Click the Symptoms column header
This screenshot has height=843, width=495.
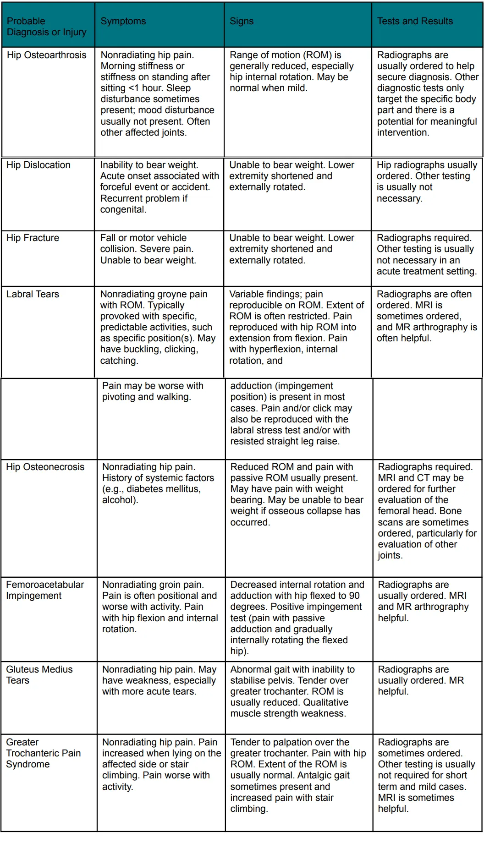(x=123, y=21)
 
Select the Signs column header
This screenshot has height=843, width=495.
(x=242, y=21)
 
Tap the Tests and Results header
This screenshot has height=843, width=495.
(x=415, y=21)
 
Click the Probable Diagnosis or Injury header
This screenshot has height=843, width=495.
(x=46, y=27)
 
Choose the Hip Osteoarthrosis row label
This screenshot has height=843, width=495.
(x=46, y=55)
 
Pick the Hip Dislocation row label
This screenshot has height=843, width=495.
(x=38, y=165)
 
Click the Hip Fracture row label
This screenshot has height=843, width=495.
(x=33, y=238)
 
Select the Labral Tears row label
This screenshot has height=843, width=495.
(x=33, y=294)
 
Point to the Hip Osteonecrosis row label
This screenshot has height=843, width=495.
(x=45, y=467)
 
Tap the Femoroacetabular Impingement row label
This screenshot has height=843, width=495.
(x=44, y=590)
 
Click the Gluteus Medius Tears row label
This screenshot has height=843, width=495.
(x=39, y=675)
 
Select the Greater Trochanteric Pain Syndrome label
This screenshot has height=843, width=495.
(x=43, y=753)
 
